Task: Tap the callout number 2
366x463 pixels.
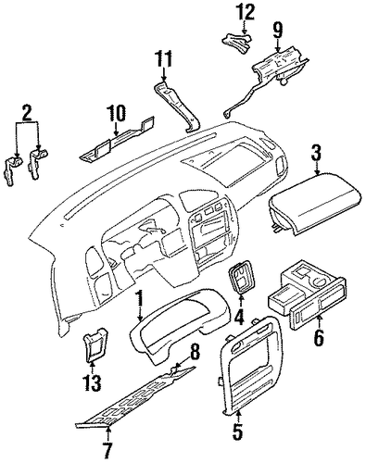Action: click(26, 112)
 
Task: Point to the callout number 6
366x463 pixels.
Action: click(319, 337)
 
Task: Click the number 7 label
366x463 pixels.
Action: click(108, 452)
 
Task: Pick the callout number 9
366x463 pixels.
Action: click(277, 31)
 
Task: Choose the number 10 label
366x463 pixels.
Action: click(116, 113)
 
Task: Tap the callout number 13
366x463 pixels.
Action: click(92, 383)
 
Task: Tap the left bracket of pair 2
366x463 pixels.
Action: click(12, 170)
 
